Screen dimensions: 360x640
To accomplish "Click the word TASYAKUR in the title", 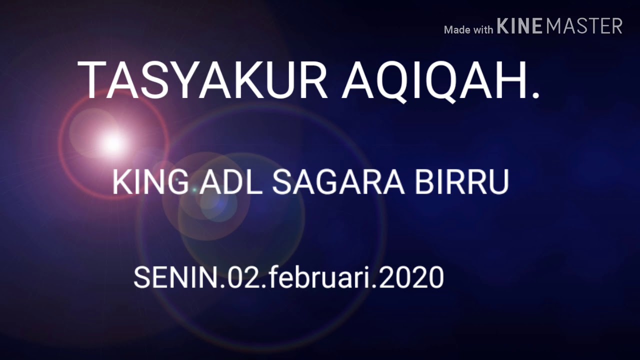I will tap(202, 80).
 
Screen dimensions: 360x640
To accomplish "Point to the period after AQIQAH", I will tap(535, 95).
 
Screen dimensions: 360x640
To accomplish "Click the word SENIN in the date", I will tap(176, 277).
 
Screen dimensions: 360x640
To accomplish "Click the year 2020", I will tap(411, 277).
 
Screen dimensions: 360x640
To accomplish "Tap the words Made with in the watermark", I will tap(468, 30).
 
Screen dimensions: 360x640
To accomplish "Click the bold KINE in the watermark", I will tap(520, 26).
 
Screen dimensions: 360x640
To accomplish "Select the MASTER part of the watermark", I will tap(584, 26).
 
